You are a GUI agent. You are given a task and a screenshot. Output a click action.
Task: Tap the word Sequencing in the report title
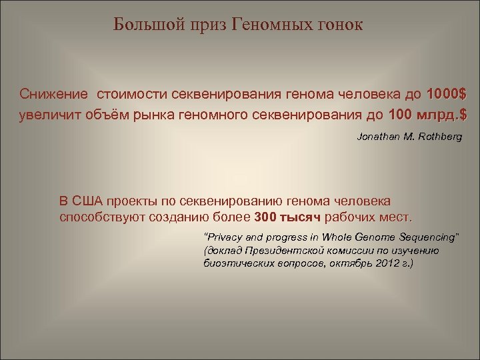427,237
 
